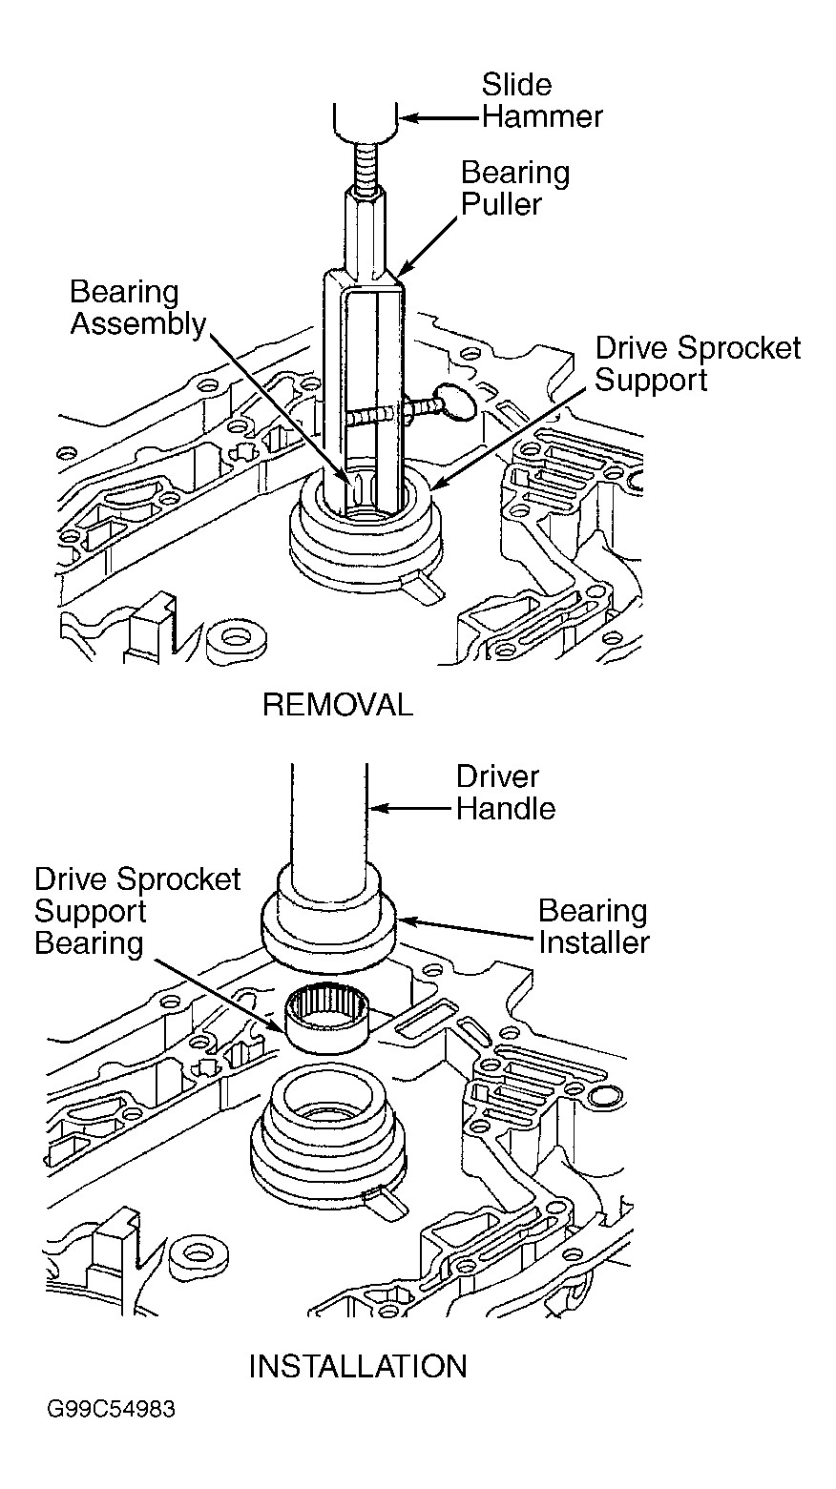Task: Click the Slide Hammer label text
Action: click(x=541, y=100)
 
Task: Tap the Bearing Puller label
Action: click(x=515, y=188)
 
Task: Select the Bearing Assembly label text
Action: click(x=137, y=308)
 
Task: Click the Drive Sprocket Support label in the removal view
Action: click(x=698, y=363)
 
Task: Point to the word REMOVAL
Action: click(x=338, y=705)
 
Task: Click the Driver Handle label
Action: click(x=506, y=793)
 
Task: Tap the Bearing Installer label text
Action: click(x=594, y=926)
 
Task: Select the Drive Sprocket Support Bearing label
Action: click(x=137, y=911)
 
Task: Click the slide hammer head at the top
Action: click(x=366, y=123)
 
